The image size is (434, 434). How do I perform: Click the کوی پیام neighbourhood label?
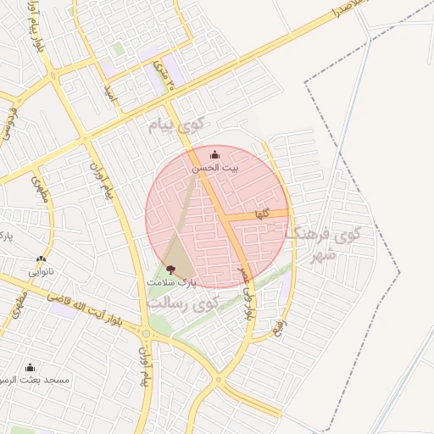(x=173, y=126)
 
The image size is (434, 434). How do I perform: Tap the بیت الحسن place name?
(x=214, y=169)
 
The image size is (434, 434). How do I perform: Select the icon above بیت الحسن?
(x=214, y=154)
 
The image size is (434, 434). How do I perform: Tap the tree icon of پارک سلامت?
(x=171, y=269)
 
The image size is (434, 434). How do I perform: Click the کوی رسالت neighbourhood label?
(x=181, y=301)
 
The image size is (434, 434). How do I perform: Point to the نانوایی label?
(x=41, y=272)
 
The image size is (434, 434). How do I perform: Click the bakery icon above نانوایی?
(x=41, y=259)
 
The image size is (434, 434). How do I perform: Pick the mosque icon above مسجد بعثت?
(x=31, y=367)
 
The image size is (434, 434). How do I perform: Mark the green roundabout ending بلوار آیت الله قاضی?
(x=146, y=333)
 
